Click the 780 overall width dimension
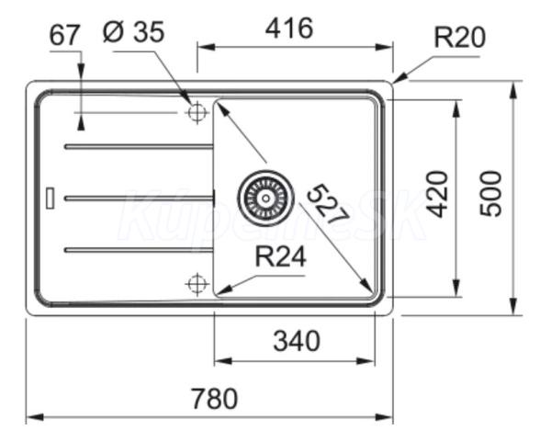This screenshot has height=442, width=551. pyautogui.click(x=214, y=399)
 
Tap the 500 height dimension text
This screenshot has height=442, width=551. pyautogui.click(x=491, y=194)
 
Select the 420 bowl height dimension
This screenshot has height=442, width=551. pyautogui.click(x=437, y=194)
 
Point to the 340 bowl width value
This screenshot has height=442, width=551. pyautogui.click(x=297, y=341)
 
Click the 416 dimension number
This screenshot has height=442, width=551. pyautogui.click(x=289, y=28)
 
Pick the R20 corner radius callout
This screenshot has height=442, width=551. pyautogui.click(x=460, y=38)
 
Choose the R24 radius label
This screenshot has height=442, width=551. pyautogui.click(x=280, y=256)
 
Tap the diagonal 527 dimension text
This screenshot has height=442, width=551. pyautogui.click(x=328, y=204)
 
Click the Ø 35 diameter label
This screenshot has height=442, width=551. pyautogui.click(x=133, y=32)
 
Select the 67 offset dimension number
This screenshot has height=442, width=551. pyautogui.click(x=64, y=35)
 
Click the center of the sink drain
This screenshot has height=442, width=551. pyautogui.click(x=265, y=198)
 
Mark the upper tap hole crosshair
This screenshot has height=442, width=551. pyautogui.click(x=197, y=112)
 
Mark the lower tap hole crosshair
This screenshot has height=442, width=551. pyautogui.click(x=197, y=283)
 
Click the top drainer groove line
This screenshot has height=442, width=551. pyautogui.click(x=139, y=147)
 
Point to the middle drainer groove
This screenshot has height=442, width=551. pyautogui.click(x=139, y=198)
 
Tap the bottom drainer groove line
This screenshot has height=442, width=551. pyautogui.click(x=139, y=250)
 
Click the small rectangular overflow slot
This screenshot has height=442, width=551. pyautogui.click(x=51, y=198)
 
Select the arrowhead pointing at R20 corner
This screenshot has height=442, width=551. pyautogui.click(x=400, y=78)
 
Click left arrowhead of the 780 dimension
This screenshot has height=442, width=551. pyautogui.click(x=35, y=417)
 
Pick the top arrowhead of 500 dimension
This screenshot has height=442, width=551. pyautogui.click(x=513, y=89)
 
